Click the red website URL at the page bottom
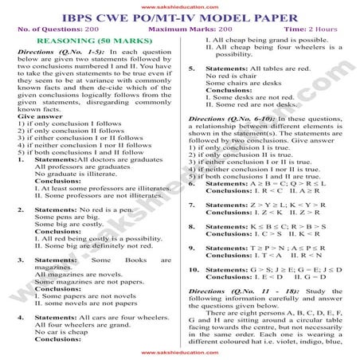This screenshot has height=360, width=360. click(179, 351)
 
